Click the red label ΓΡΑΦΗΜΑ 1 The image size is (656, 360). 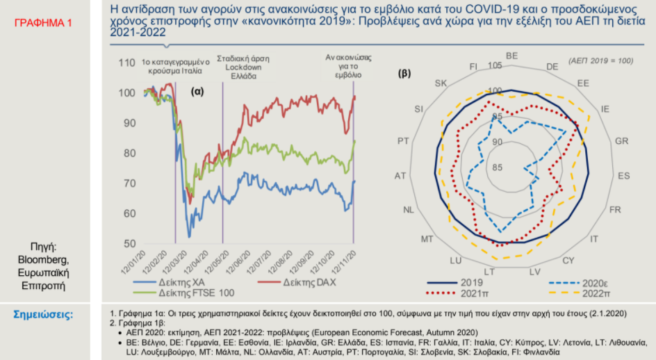[x=43, y=23]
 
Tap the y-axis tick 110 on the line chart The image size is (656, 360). [x=126, y=63]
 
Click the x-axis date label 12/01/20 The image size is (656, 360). [x=133, y=263]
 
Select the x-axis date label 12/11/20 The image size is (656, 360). [x=344, y=263]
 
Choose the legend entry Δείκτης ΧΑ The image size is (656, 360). [x=169, y=283]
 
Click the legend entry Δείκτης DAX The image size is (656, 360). [x=297, y=283]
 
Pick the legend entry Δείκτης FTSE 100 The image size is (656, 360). [x=183, y=293]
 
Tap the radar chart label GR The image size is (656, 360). [x=621, y=141]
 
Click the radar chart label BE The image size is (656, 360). [x=511, y=56]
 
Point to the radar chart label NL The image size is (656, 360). [x=409, y=210]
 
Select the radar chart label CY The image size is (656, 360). [x=568, y=261]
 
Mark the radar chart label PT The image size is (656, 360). [x=403, y=141]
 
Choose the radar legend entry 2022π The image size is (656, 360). [x=580, y=293]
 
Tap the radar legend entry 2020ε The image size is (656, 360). [x=579, y=284]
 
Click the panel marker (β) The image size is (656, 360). [x=404, y=74]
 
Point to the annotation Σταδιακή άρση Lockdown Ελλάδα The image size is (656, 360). [x=243, y=67]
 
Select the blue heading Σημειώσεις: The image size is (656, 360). [x=43, y=314]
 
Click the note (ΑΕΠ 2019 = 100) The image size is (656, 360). [x=600, y=61]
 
